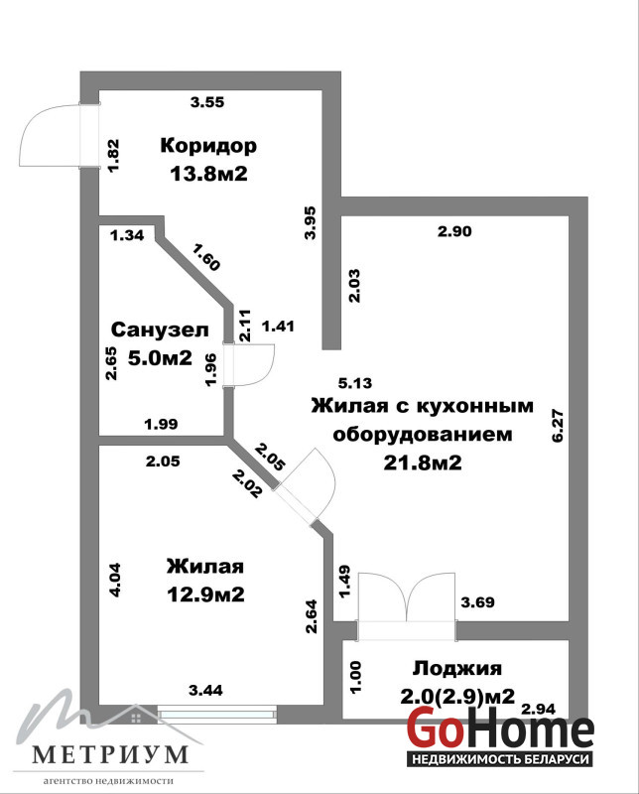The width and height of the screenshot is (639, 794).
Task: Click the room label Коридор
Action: pyautogui.click(x=208, y=146)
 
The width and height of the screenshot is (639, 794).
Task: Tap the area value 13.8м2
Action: pyautogui.click(x=208, y=175)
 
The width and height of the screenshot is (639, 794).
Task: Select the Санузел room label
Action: pyautogui.click(x=160, y=330)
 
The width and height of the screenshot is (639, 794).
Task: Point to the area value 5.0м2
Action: pyautogui.click(x=160, y=358)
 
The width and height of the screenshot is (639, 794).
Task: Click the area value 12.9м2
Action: pyautogui.click(x=205, y=594)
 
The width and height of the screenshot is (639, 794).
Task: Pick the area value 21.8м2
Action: pyautogui.click(x=423, y=463)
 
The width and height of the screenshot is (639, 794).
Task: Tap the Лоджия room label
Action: pyautogui.click(x=457, y=668)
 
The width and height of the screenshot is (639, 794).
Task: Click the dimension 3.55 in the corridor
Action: pyautogui.click(x=207, y=102)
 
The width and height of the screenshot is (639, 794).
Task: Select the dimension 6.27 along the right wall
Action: pyautogui.click(x=558, y=426)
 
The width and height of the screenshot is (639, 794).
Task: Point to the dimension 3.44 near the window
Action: pyautogui.click(x=205, y=690)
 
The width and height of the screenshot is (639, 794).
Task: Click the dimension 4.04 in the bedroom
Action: pyautogui.click(x=115, y=581)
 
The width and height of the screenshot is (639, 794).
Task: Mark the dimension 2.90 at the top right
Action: pyautogui.click(x=454, y=231)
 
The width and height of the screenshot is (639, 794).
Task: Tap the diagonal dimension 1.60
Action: pyautogui.click(x=206, y=257)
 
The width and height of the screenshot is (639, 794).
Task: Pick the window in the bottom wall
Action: pyautogui.click(x=217, y=714)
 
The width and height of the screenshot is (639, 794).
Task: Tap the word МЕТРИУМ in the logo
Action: pyautogui.click(x=109, y=754)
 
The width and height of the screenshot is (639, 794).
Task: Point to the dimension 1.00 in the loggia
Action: pyautogui.click(x=355, y=678)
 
